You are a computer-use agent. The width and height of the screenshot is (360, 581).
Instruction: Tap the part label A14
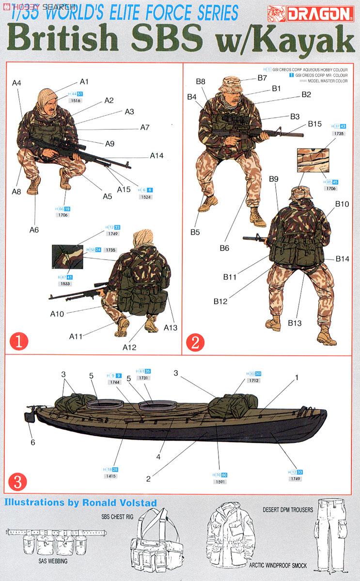point(157,156)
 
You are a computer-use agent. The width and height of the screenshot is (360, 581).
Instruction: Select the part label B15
point(314,124)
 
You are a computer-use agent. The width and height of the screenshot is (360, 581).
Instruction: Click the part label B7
point(263,77)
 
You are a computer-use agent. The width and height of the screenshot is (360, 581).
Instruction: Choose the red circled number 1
point(18,342)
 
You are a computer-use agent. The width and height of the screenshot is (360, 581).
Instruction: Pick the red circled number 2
point(195,342)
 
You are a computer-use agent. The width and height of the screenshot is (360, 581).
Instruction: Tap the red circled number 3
point(18,482)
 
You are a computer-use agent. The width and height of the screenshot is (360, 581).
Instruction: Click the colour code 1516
point(75,101)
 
